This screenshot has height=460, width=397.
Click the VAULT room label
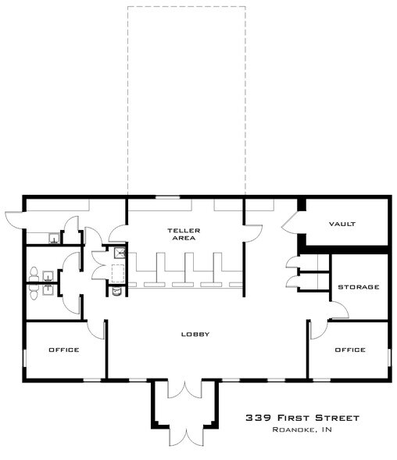342,224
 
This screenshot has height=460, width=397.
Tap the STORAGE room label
358,287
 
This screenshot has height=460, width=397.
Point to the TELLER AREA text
184,234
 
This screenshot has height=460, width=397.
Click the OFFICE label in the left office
64,350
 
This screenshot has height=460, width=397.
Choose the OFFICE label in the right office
349,350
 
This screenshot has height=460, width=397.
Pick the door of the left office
98,329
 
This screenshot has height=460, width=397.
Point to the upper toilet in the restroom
34,273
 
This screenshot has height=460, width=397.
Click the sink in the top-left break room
53,239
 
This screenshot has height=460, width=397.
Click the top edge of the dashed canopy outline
186,7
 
